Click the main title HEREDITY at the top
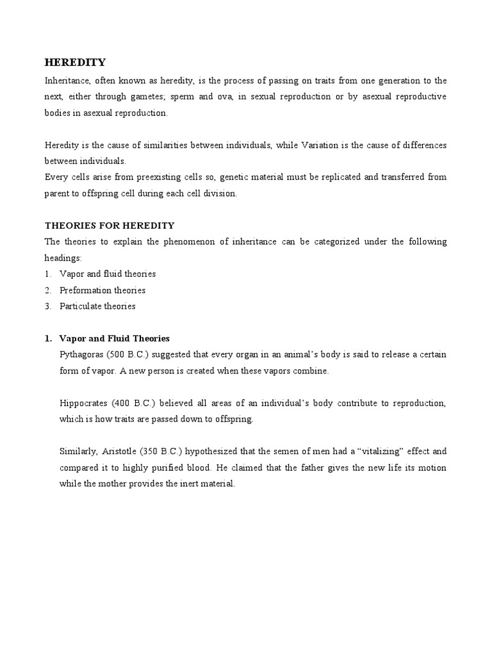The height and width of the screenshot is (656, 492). [75, 62]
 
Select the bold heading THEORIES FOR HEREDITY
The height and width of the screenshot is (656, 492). [109, 225]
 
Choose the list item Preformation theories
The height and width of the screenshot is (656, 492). [102, 290]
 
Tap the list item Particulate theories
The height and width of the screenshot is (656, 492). [97, 306]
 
